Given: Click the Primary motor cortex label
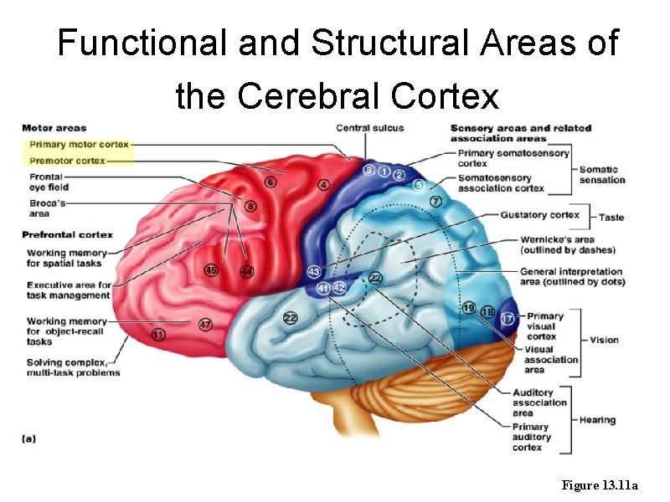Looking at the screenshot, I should click(79, 144).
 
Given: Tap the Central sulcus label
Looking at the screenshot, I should click(369, 128).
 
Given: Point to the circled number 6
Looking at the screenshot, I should click(270, 182).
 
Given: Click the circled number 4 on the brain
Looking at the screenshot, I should click(323, 184).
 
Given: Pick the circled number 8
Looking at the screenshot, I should click(250, 205).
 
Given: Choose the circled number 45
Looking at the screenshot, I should click(211, 269).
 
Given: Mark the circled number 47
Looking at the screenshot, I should click(205, 324).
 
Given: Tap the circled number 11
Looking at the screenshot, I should click(158, 335).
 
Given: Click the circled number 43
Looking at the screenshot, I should click(313, 271).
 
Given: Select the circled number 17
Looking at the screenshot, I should click(508, 319).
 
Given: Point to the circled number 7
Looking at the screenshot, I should click(435, 202).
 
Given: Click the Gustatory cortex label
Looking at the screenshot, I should click(539, 215).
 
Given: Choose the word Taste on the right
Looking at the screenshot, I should click(611, 218).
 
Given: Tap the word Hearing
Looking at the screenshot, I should click(597, 420).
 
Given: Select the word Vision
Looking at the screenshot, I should click(604, 340).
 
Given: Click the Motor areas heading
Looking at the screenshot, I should click(54, 128).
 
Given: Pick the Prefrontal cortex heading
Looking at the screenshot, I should click(67, 234).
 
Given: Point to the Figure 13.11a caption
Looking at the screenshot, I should click(600, 485).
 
